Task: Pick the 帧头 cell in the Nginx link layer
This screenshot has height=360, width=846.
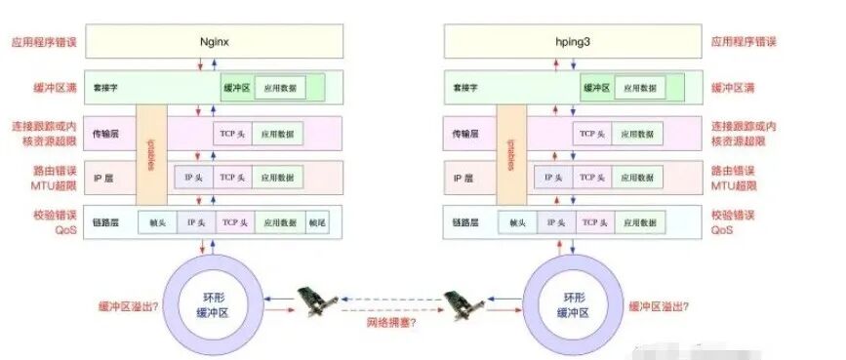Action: tap(158, 222)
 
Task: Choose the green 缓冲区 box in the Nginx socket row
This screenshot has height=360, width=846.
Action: tap(236, 87)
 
